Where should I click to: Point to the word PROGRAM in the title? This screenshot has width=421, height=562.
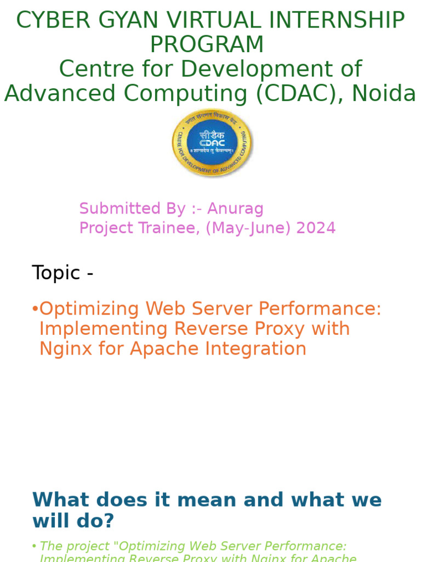point(207,45)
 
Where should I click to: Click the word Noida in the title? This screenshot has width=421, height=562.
point(384,94)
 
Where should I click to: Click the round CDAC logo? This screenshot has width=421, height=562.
point(212,143)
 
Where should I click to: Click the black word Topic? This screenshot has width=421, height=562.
point(56,273)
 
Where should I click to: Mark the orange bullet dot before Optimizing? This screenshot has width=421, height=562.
point(35,309)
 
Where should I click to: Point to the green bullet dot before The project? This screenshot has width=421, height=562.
point(35,546)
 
